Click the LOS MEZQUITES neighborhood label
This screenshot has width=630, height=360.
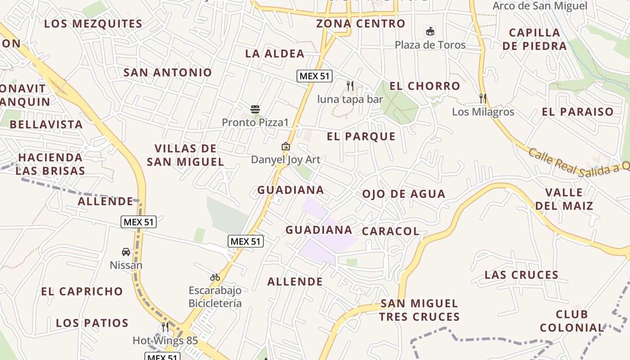pos(93,24)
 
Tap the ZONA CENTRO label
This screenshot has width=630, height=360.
pos(360,24)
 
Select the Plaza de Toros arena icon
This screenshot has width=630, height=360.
pos(430,31)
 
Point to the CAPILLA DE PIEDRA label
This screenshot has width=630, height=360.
pos(535,39)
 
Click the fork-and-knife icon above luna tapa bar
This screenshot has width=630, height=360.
pos(350,85)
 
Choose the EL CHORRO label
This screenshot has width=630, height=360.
pos(425,86)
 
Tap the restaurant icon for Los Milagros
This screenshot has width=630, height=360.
pos(483,98)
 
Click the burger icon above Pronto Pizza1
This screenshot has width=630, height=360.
pos(255,109)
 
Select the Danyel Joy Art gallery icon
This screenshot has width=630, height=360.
pos(285,146)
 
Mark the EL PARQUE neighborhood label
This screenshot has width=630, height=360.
pos(361,136)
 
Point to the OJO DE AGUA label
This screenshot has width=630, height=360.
pos(404,194)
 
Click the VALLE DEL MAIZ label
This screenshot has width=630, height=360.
pos(564,199)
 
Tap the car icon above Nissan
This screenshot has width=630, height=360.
pos(126,252)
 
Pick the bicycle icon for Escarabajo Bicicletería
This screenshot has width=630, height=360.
pos(215,277)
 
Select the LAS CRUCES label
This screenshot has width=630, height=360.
pos(521,275)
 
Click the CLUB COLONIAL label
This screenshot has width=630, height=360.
pos(571,321)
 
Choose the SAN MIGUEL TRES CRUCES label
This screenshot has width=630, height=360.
pos(419,310)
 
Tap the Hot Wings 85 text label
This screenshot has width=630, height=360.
pos(165,341)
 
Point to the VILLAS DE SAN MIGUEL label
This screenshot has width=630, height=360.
pos(185,155)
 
